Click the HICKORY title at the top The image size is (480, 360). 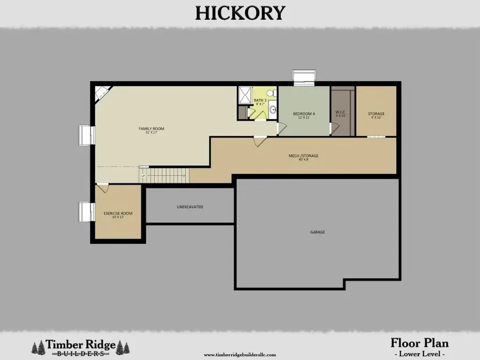tap(240, 12)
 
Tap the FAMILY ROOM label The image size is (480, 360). tap(151, 129)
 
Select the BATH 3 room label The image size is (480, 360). tap(260, 100)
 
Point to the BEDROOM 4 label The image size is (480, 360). tap(304, 114)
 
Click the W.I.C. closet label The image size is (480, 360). tap(340, 113)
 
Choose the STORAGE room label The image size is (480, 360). tap(376, 114)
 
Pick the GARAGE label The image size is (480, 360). tap(317, 232)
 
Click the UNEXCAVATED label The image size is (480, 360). tap(190, 206)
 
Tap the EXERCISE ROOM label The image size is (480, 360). tap(118, 213)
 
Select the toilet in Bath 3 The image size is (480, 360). tap(270, 94)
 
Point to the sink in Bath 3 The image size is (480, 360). tap(272, 110)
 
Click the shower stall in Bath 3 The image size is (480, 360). tap(246, 95)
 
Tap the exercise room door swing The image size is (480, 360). tap(103, 188)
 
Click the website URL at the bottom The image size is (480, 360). tap(239, 354)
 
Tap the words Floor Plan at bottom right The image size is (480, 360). tap(420, 342)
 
